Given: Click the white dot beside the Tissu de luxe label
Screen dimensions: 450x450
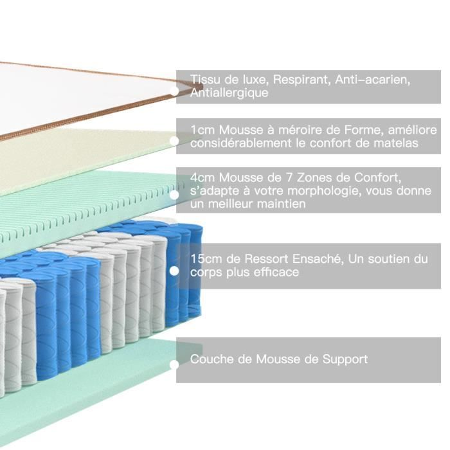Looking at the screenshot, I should tap(174, 91).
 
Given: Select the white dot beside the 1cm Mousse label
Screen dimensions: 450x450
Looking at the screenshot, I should tap(174, 140).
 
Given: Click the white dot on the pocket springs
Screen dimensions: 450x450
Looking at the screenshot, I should tap(174, 271).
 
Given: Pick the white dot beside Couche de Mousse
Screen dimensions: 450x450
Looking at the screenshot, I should tap(174, 364).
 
